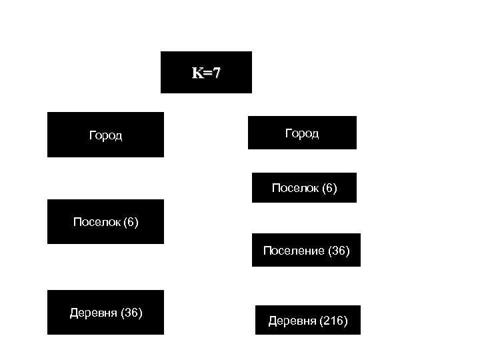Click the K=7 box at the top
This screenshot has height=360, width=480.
[206, 72]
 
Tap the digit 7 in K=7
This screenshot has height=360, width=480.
[216, 73]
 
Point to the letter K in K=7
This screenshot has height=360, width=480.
[197, 73]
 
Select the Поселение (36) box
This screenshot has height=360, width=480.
[306, 250]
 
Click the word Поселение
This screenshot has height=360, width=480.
[293, 251]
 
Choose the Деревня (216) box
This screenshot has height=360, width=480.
[307, 320]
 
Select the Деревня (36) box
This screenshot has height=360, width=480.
[105, 312]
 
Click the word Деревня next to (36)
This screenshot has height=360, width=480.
[93, 312]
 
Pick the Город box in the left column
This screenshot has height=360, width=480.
[105, 135]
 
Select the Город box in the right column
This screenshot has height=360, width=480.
[302, 133]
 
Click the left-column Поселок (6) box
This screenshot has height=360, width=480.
[105, 221]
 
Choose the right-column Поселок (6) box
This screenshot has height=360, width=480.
[304, 187]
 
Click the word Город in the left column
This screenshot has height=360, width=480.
[105, 135]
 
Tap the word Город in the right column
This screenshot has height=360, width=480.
[302, 133]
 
